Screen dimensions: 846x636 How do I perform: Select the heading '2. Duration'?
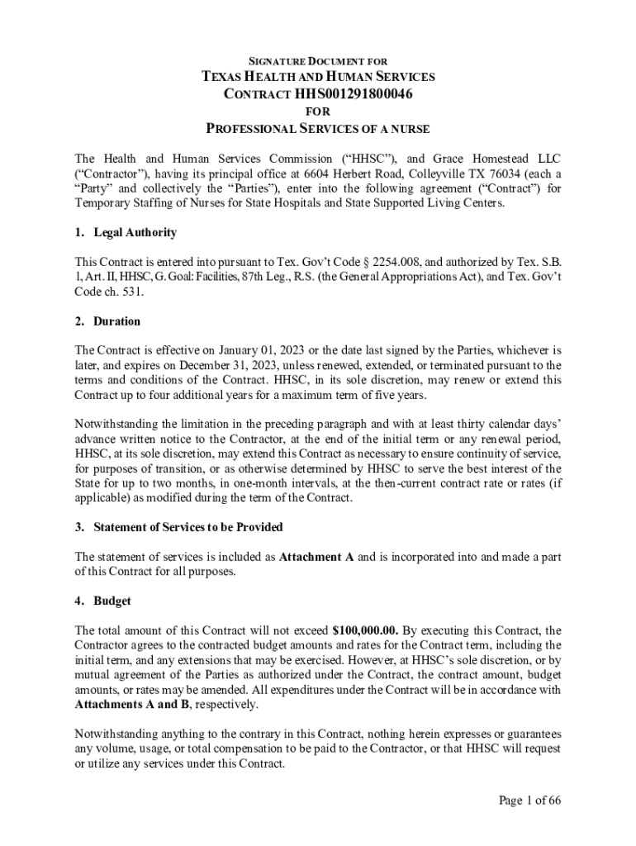point(107,321)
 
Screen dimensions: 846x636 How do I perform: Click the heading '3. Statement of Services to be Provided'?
point(178,527)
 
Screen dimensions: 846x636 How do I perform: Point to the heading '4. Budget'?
point(103,601)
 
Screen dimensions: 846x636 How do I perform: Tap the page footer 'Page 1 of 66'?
point(530,801)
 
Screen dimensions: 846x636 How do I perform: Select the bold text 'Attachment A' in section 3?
point(316,557)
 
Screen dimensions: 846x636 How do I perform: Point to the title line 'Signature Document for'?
point(318,61)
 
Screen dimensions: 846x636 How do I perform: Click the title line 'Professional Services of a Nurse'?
point(318,129)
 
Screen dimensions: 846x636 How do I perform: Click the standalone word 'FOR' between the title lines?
point(318,111)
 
